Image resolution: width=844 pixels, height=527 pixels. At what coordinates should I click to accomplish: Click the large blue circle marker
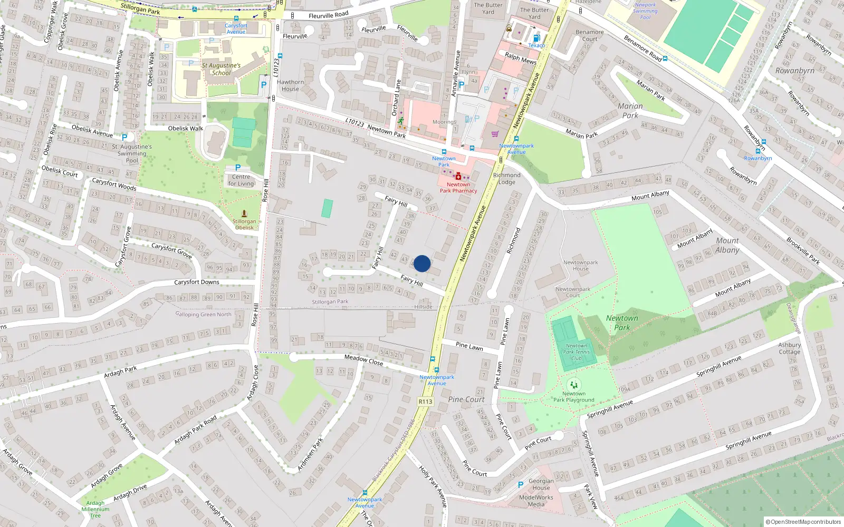point(422,263)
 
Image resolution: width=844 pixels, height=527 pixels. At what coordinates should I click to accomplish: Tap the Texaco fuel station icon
point(536,38)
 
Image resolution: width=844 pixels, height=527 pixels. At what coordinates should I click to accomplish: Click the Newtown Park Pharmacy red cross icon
point(458,177)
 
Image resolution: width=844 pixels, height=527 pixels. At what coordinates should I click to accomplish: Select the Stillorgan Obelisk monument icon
point(244,213)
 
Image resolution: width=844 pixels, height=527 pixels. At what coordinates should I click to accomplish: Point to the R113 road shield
point(425,402)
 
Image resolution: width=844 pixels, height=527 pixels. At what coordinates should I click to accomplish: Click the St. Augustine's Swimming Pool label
point(132,153)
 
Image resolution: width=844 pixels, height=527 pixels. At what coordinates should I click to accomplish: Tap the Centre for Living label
point(241,180)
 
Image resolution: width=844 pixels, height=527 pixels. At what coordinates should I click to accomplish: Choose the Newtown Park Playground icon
point(574,385)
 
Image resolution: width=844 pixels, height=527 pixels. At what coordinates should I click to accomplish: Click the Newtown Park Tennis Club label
point(577,352)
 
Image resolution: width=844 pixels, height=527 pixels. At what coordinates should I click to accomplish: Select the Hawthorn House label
point(290,85)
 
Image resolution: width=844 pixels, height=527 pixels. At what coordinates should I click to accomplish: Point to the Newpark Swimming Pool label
point(645,11)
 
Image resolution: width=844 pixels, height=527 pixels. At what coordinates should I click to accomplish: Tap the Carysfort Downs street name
point(197,282)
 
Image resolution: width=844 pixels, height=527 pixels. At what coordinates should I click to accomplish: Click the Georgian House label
point(541,484)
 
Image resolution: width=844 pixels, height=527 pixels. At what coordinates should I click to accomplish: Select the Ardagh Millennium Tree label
point(95,509)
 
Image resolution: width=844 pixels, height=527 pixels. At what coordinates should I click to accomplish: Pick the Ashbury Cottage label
point(789,348)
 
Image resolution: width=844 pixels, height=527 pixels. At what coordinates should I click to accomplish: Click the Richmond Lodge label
point(506,179)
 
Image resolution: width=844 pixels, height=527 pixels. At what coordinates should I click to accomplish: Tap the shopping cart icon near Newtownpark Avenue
point(495,134)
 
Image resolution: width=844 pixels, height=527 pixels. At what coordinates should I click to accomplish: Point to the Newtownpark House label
point(580,265)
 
